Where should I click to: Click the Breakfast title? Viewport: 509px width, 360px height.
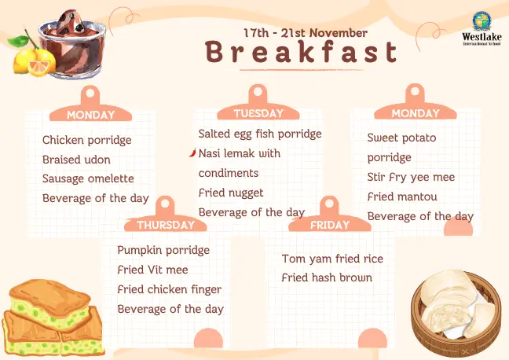point(302,53)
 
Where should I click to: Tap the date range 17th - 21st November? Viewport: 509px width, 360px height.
point(301,33)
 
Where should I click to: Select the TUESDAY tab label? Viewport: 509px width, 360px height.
point(258,113)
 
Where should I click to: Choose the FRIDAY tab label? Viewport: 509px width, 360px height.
point(329,225)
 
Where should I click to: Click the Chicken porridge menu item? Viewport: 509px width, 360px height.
point(86,141)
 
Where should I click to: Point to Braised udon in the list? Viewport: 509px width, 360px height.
point(76,160)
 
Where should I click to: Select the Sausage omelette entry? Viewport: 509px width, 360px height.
point(88,178)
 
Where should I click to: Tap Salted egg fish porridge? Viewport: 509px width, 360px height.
point(260,134)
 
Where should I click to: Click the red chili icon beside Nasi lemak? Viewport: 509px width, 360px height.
point(192,153)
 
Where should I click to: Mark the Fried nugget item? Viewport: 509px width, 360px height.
point(231,193)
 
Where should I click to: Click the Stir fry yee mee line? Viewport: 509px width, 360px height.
point(411,177)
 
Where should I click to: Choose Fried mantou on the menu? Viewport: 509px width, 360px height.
point(402,197)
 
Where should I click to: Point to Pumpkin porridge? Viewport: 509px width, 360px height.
point(163,250)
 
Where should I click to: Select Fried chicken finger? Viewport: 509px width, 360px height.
point(169,289)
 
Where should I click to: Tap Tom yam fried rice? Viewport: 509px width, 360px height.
point(332,259)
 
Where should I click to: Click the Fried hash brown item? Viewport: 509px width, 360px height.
point(327,277)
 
